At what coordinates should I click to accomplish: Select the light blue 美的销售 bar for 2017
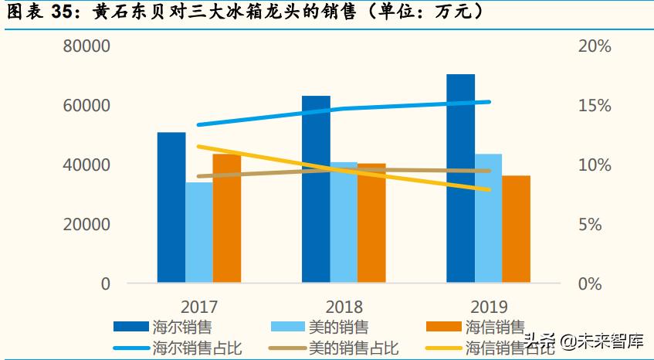[199, 232]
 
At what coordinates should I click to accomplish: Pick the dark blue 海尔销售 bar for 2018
[316, 189]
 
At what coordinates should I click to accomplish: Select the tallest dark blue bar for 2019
[460, 178]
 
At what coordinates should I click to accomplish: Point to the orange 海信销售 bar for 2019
[516, 229]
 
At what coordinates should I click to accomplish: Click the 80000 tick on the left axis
[86, 46]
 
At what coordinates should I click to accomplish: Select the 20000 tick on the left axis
[86, 225]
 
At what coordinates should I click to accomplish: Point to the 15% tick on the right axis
[594, 106]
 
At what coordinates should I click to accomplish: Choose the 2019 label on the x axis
[488, 306]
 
